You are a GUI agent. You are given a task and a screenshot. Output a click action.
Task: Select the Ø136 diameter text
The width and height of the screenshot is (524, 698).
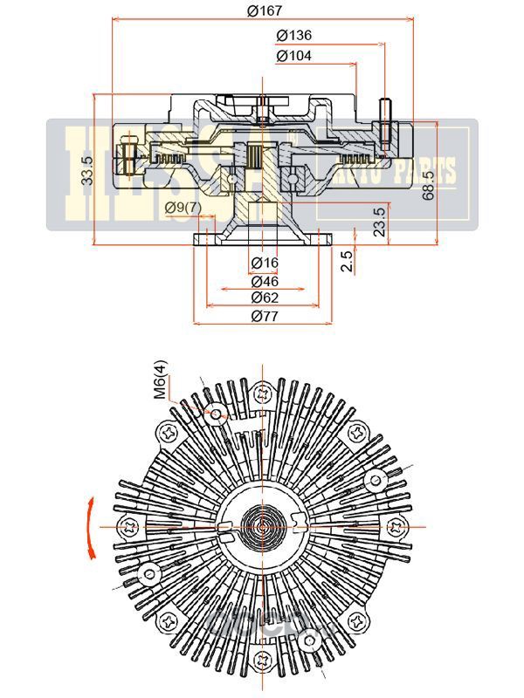[293, 36]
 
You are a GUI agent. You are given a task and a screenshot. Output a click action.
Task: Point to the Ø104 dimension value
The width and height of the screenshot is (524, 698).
[293, 55]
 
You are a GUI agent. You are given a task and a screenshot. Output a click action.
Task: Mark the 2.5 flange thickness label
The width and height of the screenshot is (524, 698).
[348, 261]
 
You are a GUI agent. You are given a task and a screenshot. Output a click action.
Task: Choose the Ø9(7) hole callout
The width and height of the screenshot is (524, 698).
[183, 208]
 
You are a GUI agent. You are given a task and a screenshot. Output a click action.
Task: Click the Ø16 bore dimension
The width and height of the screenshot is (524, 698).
[264, 263]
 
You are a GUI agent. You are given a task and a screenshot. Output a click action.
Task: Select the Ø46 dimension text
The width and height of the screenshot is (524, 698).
[264, 281]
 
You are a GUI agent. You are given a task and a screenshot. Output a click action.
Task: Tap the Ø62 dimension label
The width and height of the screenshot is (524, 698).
[264, 298]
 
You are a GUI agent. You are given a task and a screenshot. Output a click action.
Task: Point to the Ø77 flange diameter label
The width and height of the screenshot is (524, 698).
[264, 317]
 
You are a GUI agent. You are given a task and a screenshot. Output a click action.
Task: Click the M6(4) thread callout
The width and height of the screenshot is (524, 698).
[162, 380]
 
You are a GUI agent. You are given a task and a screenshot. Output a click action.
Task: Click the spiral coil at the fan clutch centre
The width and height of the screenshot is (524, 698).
[263, 526]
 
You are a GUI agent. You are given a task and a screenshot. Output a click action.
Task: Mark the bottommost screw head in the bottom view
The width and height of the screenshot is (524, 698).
[263, 660]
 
